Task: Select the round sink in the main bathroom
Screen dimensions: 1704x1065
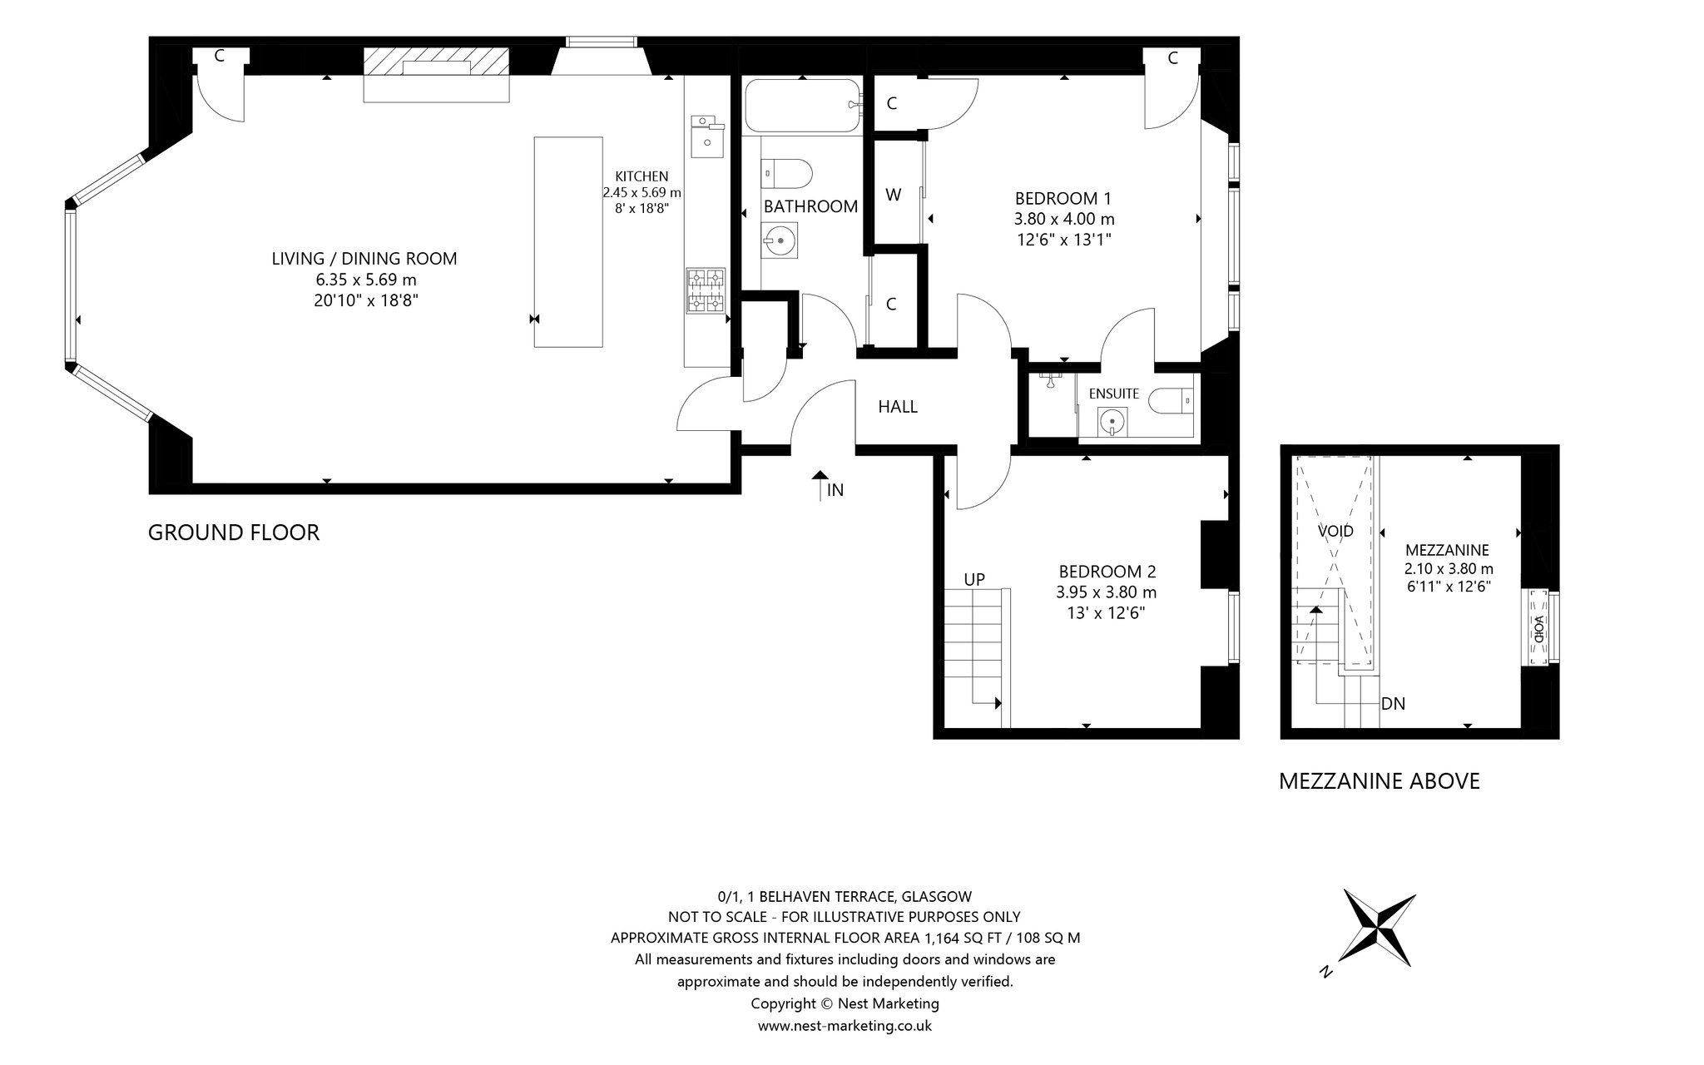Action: [x=780, y=240]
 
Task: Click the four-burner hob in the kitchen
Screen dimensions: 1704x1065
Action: [x=706, y=290]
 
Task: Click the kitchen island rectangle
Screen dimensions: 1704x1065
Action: [x=568, y=242]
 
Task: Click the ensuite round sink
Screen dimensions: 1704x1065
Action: [x=1112, y=421]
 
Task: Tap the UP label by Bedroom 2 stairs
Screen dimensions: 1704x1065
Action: [x=974, y=579]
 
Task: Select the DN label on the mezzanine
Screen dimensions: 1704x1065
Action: [x=1393, y=704]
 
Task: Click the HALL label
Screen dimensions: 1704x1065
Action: [x=898, y=407]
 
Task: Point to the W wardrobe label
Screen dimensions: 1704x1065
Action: [x=894, y=195]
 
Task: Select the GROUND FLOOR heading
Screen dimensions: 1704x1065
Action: [x=234, y=532]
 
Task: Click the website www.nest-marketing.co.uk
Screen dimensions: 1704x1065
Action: [x=845, y=1026]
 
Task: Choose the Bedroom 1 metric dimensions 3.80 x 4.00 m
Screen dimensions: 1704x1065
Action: [x=1064, y=220]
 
